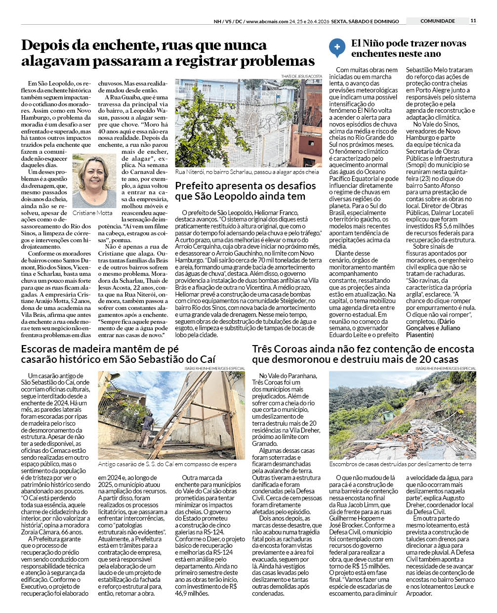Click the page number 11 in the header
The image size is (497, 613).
point(473,21)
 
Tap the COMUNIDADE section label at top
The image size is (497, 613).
point(437,21)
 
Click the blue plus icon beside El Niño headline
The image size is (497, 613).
point(337,47)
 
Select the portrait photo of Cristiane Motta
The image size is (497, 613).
point(94,180)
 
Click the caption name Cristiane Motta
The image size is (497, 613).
point(92,213)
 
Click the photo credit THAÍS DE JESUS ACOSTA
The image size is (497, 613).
point(301,76)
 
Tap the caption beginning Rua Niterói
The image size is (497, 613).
point(247,172)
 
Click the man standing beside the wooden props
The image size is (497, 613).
point(147,429)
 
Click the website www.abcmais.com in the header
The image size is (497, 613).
point(267,21)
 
